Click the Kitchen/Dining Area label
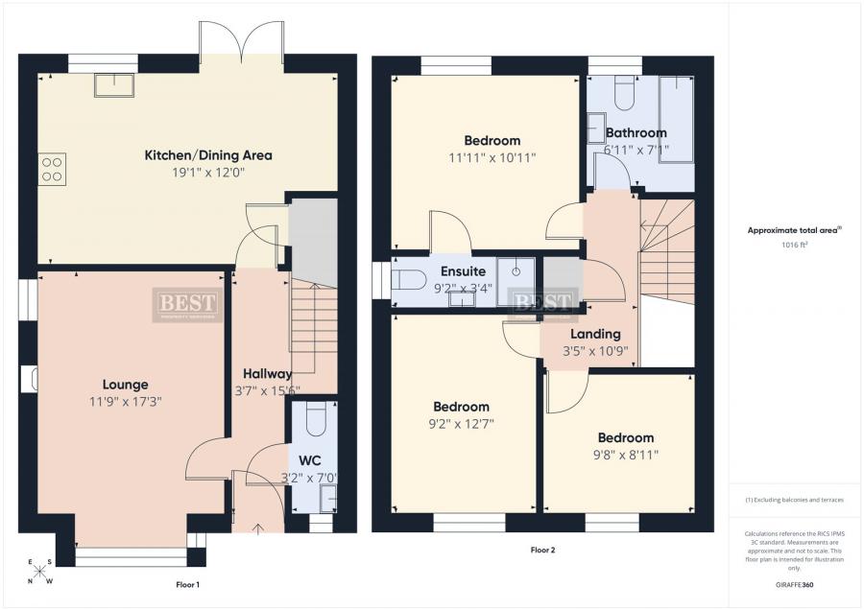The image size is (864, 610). tap(208, 154)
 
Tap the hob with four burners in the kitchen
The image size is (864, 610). tap(52, 169)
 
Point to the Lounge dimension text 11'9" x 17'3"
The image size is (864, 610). tap(119, 402)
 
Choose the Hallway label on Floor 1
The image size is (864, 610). tap(267, 373)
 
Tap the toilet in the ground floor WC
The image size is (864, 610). tap(314, 419)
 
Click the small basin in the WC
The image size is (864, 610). tap(328, 496)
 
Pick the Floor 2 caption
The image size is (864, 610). tap(542, 551)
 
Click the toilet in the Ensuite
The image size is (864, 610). tap(409, 280)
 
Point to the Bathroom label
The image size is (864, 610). tap(636, 132)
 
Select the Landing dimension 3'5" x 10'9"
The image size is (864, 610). tap(595, 351)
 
